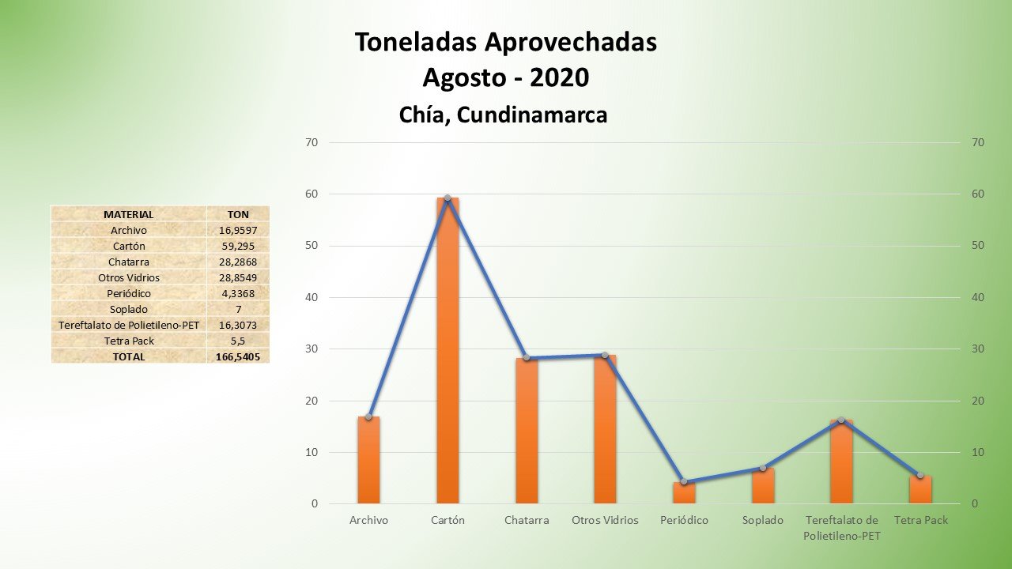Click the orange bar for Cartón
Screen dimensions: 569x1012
(447, 352)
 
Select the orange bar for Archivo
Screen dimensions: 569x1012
(368, 460)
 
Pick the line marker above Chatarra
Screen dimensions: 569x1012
(527, 358)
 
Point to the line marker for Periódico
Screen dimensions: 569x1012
(684, 481)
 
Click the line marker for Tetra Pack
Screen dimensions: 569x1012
(920, 475)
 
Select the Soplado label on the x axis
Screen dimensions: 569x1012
(763, 520)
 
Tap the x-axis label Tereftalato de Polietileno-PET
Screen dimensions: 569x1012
(841, 528)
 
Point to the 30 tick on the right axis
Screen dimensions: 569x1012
(978, 349)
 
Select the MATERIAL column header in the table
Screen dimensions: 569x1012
(128, 214)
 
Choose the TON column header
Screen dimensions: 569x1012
(238, 214)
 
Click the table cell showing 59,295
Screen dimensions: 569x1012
(238, 246)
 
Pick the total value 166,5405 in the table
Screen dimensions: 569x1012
(238, 356)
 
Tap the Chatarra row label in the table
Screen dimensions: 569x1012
(128, 262)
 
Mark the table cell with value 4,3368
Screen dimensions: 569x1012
(238, 293)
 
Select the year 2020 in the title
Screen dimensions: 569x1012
(559, 77)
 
